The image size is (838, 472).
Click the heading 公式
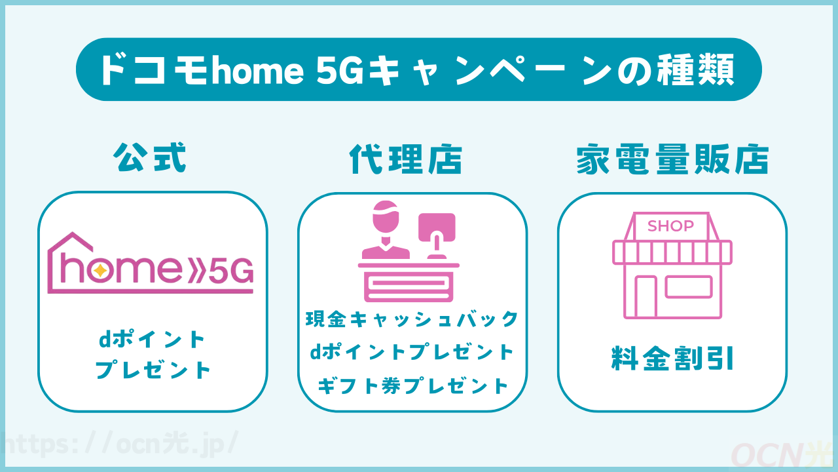(151, 158)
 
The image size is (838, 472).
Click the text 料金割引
(672, 359)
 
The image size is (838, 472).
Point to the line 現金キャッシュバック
(412, 319)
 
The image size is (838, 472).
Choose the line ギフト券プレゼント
(412, 385)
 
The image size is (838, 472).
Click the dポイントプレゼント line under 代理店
(412, 353)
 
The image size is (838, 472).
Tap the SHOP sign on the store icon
(670, 226)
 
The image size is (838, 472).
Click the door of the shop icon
(646, 296)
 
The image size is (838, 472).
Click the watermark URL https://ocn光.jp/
(118, 443)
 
